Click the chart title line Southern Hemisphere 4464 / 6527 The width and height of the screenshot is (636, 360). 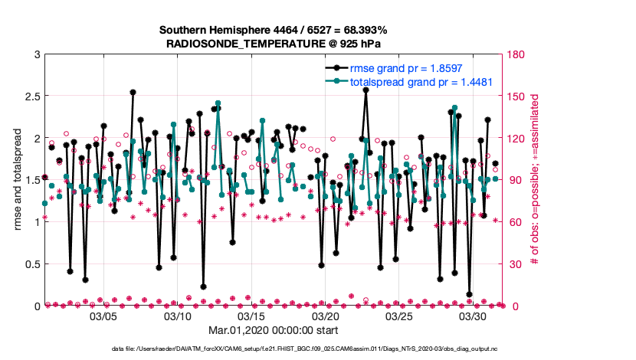274,30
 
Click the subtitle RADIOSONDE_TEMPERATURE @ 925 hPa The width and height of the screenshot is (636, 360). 274,44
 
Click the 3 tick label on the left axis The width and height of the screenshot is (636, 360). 35,54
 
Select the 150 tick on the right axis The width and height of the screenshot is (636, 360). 518,97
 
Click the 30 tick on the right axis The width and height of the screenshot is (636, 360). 516,264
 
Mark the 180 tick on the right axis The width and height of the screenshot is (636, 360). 518,54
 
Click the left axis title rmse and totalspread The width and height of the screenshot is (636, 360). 16,180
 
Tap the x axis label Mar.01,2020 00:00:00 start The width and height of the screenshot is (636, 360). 274,331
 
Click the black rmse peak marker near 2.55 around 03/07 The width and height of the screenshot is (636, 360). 133,92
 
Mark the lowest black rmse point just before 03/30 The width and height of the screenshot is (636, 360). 469,294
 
